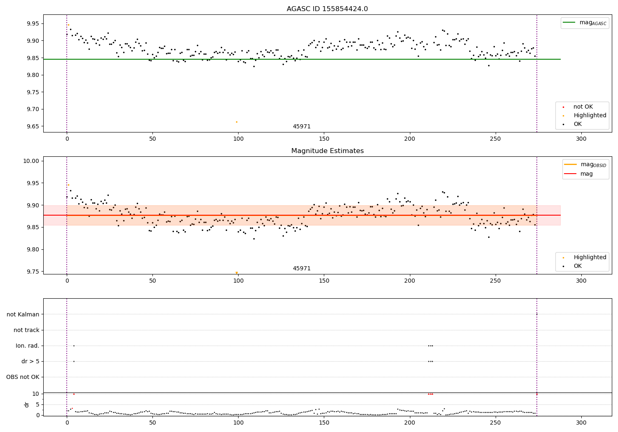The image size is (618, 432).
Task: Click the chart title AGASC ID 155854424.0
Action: [x=327, y=9]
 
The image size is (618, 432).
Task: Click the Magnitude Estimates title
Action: [x=327, y=151]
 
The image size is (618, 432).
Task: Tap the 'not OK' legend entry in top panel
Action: [x=583, y=107]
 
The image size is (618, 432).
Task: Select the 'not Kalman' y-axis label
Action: [x=23, y=314]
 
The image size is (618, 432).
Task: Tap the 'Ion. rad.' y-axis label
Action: [x=27, y=346]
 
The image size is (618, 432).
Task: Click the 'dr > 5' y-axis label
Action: [x=30, y=361]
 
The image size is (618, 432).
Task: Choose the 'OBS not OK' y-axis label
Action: [x=23, y=377]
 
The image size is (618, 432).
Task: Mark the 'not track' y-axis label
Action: [x=26, y=330]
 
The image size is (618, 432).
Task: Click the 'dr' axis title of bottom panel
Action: [x=27, y=404]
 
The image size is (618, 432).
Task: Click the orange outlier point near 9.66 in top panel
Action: [x=236, y=122]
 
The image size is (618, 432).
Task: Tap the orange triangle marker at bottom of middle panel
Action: [x=236, y=273]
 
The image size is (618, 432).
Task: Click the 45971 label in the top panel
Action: [x=302, y=127]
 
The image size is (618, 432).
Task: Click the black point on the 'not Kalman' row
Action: [x=536, y=314]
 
